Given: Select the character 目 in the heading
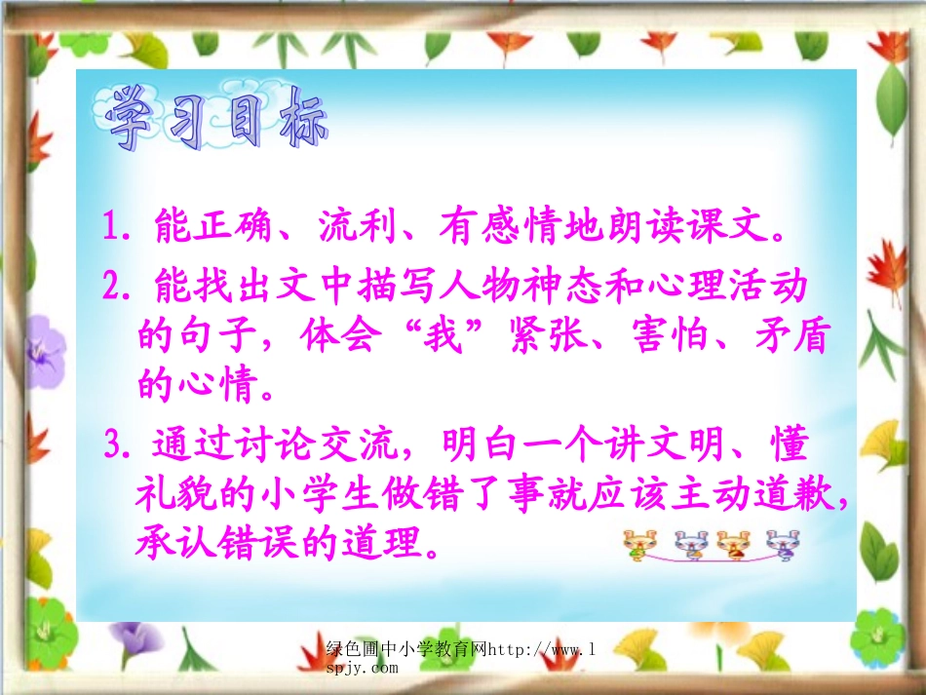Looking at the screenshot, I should click(x=242, y=121).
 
